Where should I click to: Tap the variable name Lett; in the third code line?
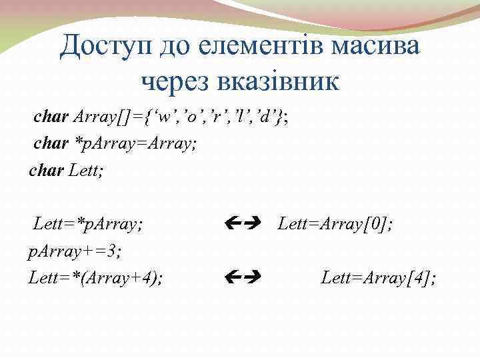88,171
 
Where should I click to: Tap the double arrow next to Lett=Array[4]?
243,275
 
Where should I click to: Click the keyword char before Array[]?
51,118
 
